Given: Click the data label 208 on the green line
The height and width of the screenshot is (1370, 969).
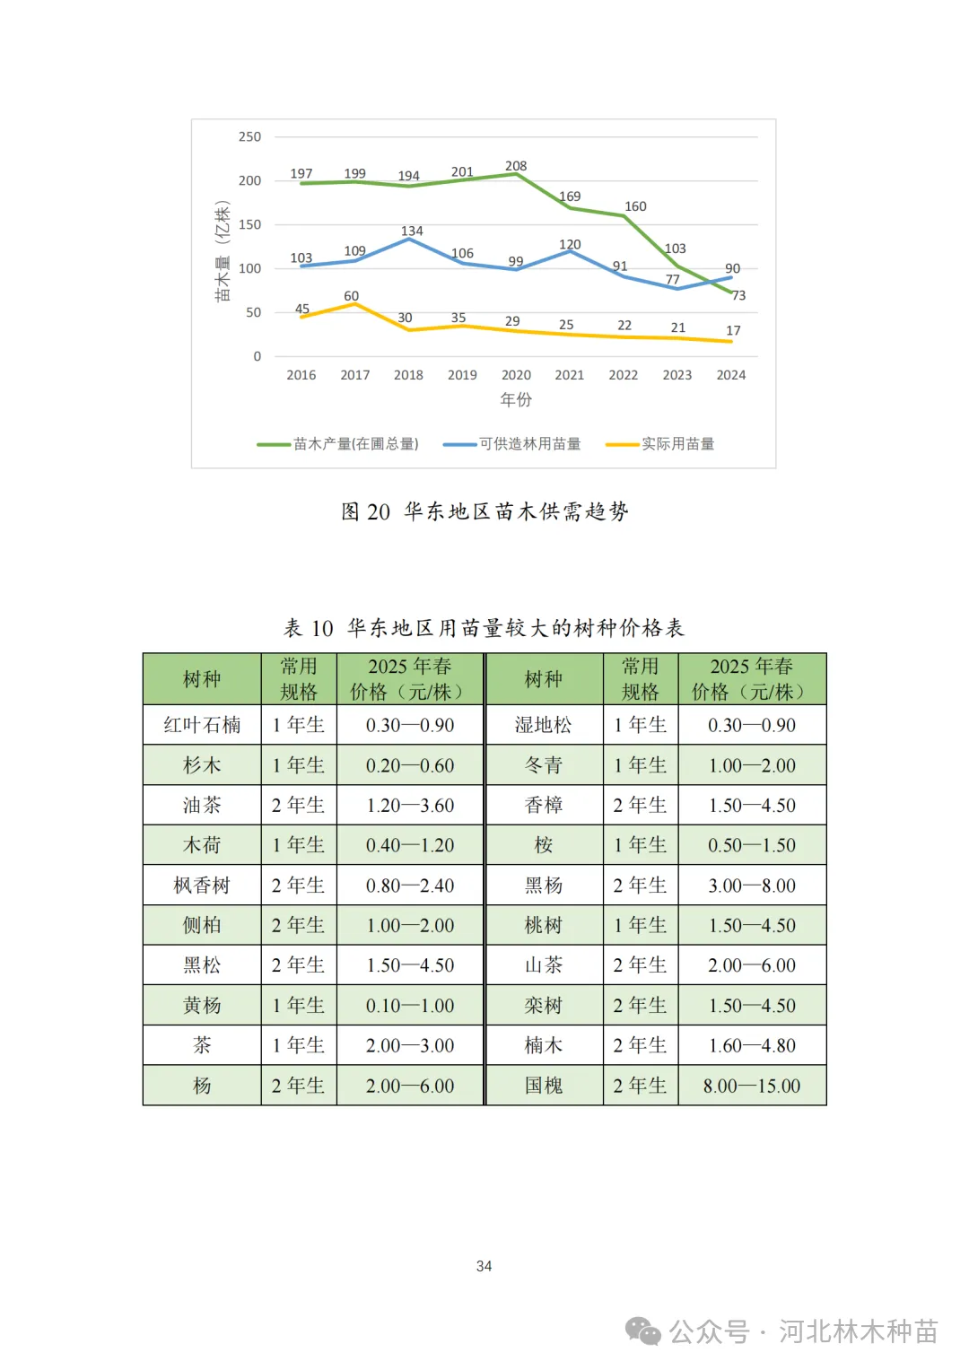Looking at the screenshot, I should click(x=516, y=166).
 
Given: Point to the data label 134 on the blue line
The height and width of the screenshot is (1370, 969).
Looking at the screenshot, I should click(x=412, y=231).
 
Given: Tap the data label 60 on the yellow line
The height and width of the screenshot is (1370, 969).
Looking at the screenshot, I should click(x=351, y=296).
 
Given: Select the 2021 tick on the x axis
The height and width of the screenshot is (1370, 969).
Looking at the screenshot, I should click(x=570, y=375).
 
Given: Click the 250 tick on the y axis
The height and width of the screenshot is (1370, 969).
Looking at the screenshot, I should click(x=249, y=137).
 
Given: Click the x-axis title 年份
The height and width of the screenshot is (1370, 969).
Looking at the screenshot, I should click(x=516, y=400).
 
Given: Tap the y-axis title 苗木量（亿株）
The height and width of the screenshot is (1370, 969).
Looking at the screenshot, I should click(x=223, y=251).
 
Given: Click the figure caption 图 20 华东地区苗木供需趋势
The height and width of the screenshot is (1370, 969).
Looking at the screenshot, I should click(x=484, y=511).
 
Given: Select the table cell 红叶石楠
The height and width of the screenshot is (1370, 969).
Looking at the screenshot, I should click(x=202, y=725).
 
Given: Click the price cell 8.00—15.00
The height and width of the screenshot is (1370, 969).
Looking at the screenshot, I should click(x=752, y=1086).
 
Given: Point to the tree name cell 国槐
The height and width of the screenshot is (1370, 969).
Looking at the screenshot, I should click(x=544, y=1086).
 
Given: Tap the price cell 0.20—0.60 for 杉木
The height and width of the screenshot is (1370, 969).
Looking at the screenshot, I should click(x=410, y=765).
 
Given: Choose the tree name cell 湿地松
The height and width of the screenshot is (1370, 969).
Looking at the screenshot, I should click(x=544, y=725).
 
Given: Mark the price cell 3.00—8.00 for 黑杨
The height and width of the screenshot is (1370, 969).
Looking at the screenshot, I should click(x=752, y=886).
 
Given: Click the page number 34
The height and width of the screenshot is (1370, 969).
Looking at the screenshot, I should click(x=484, y=1266).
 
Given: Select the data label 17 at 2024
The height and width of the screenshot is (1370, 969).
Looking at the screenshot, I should click(x=733, y=331).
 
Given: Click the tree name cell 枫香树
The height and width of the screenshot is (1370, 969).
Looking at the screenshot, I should click(x=202, y=886).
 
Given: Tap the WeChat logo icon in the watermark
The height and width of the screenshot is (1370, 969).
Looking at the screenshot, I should click(x=642, y=1331).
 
